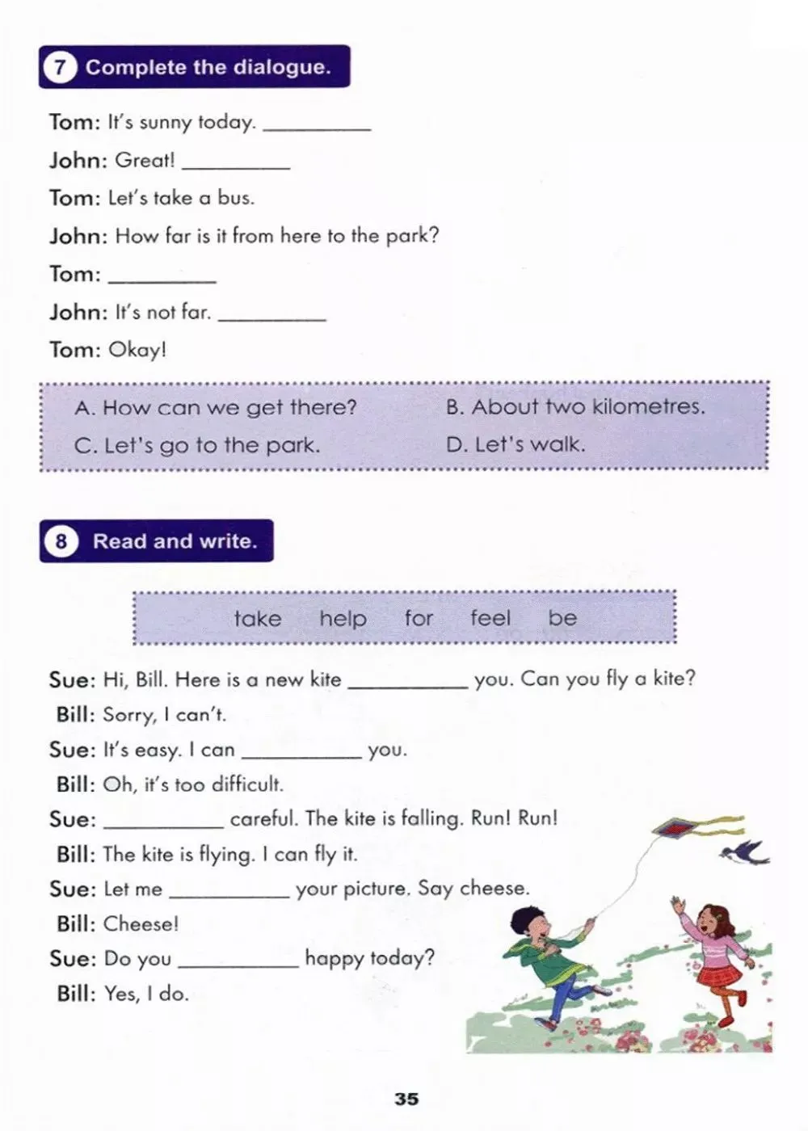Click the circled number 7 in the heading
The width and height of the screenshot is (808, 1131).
[60, 67]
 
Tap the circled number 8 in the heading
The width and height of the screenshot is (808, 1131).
[61, 541]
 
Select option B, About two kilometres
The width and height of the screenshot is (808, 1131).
[575, 406]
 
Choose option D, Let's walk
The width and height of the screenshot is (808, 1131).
[516, 444]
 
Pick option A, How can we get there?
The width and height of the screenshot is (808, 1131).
[216, 407]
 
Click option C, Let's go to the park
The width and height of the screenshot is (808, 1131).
[197, 445]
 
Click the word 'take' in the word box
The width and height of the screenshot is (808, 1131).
[258, 619]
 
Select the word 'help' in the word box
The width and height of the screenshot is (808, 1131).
[343, 619]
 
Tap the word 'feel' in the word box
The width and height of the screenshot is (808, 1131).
[490, 618]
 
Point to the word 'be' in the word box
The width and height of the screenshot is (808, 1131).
[562, 618]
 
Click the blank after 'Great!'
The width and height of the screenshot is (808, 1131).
[236, 162]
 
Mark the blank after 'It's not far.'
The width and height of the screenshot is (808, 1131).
[272, 314]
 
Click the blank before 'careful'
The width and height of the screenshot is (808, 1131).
[164, 822]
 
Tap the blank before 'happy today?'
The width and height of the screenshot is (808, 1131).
[238, 961]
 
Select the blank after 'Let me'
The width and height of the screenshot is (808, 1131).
[229, 892]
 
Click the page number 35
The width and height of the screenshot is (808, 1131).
[406, 1099]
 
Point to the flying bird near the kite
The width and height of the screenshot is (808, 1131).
[747, 851]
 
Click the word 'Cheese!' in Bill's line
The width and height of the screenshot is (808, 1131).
[141, 924]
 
